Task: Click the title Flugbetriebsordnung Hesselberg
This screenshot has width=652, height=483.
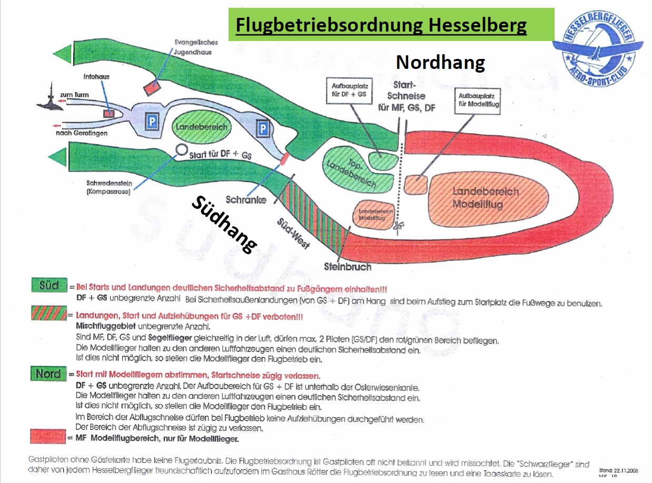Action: (x=381, y=25)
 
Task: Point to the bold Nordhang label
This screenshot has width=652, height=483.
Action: (x=440, y=63)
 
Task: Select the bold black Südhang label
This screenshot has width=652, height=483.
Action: (x=224, y=224)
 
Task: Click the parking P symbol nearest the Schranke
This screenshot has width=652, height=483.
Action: (x=262, y=126)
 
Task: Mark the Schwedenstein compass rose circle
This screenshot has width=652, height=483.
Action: (x=182, y=150)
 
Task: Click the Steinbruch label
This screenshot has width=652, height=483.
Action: (x=347, y=266)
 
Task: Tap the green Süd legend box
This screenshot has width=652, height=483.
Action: (x=48, y=286)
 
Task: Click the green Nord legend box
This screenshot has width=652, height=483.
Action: (x=48, y=374)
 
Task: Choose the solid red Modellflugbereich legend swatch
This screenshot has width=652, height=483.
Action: (x=48, y=437)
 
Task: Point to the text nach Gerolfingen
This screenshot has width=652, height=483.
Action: (x=81, y=133)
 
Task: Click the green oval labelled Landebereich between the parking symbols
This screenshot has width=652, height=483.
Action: (x=201, y=127)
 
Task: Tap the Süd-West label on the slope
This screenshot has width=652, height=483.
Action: (x=293, y=234)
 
